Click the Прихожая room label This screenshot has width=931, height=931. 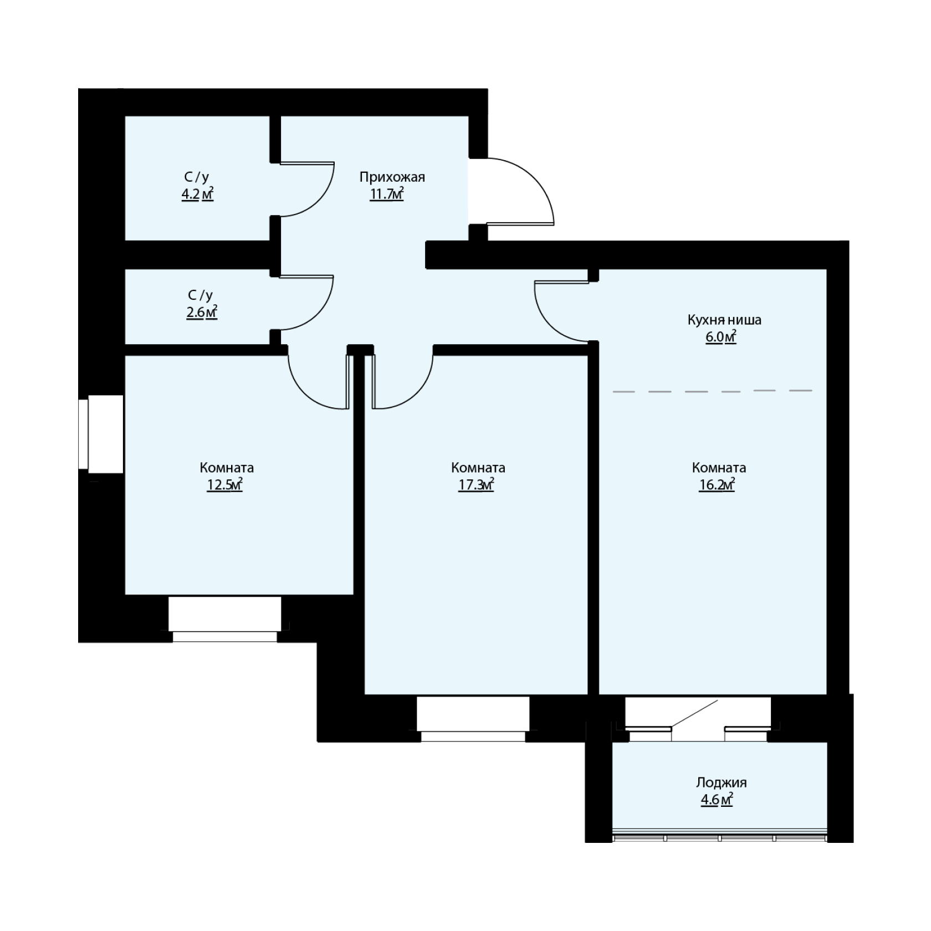point(392,178)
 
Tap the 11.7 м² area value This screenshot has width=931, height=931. point(387,194)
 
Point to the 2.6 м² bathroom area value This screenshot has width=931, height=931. point(201,312)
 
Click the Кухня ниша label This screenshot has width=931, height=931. point(724,320)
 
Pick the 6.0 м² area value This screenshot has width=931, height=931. point(720,337)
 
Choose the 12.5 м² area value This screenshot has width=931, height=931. point(225,485)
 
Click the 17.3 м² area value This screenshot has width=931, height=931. point(476,485)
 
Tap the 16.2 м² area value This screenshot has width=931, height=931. point(717,485)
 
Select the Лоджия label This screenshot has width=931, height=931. point(721,783)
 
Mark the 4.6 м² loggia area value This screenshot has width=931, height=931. point(717,800)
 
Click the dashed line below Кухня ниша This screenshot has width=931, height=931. point(713,391)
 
